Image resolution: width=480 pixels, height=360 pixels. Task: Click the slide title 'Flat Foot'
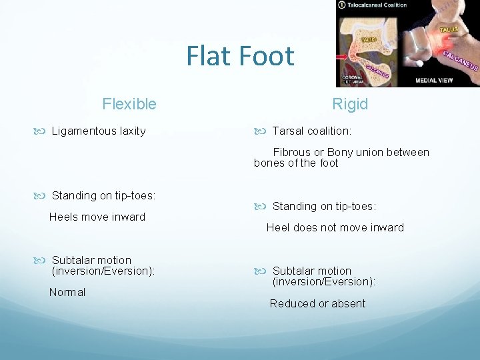point(240,56)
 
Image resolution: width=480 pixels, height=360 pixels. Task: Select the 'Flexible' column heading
point(129,104)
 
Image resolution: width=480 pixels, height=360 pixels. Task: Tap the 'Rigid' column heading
point(350,105)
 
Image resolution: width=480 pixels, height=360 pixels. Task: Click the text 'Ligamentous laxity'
point(99,131)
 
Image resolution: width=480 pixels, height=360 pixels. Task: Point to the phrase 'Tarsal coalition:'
point(312,131)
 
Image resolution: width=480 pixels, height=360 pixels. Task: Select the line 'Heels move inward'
point(97,217)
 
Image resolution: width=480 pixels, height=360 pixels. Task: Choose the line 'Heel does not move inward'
point(335,227)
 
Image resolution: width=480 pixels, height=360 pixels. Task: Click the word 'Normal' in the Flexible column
point(67,292)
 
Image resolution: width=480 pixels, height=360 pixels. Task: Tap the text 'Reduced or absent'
point(317,303)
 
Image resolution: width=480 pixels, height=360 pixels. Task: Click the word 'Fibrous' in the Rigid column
point(291,152)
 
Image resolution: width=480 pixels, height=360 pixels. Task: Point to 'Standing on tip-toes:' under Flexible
point(103,195)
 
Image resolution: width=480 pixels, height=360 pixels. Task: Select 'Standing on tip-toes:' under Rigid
point(324,206)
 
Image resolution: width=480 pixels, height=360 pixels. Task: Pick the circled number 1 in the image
point(342,5)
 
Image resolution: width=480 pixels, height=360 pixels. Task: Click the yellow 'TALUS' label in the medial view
point(448,29)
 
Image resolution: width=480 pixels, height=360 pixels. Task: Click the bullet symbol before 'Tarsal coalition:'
point(261,131)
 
